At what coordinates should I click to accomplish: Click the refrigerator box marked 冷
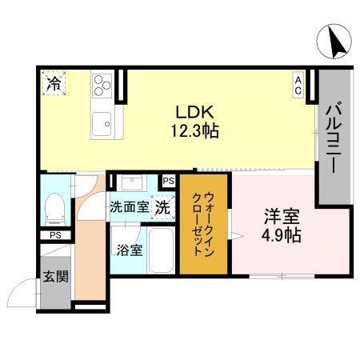(x=54, y=82)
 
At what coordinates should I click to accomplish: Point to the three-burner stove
(x=102, y=86)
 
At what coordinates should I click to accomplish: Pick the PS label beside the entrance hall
(x=54, y=235)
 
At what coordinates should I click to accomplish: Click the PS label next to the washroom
(x=168, y=182)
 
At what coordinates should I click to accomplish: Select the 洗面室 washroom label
(x=130, y=206)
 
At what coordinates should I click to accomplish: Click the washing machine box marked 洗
(x=163, y=206)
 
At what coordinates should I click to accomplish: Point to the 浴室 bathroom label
(x=130, y=249)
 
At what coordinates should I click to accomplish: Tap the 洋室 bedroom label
(x=282, y=216)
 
